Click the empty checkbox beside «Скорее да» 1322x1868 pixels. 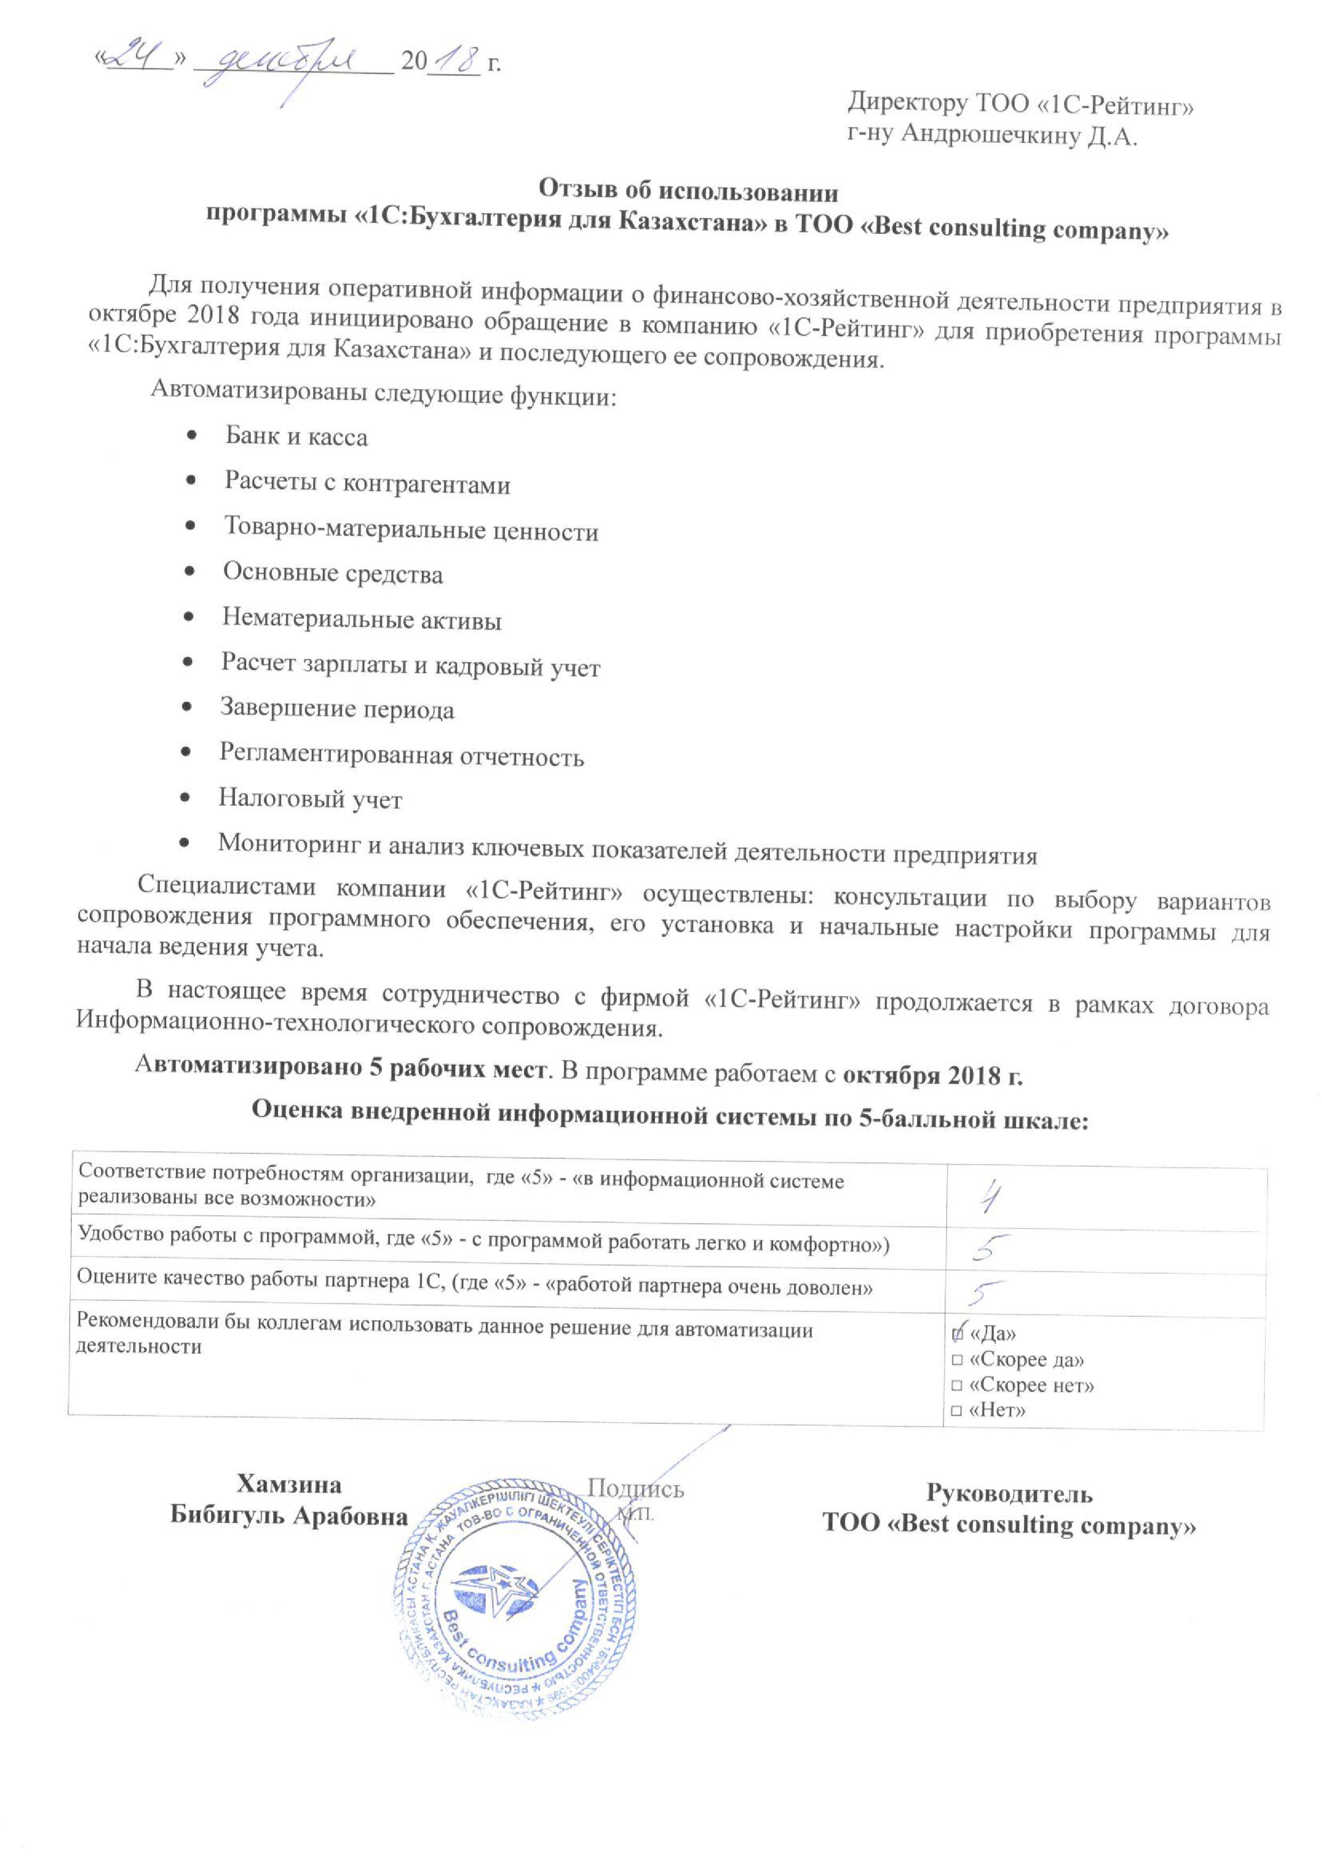pyautogui.click(x=957, y=1360)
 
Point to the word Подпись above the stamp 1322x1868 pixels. pyautogui.click(x=635, y=1489)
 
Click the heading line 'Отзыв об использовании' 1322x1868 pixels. pyautogui.click(x=688, y=192)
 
